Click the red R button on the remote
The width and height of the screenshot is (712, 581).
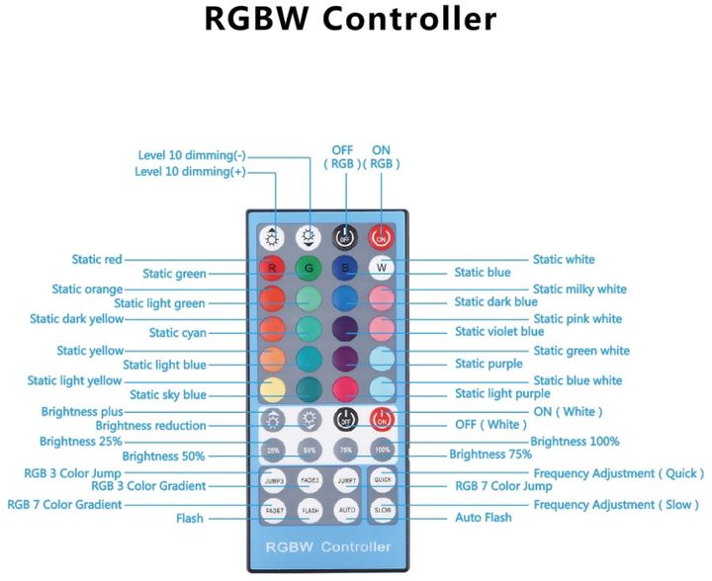[272, 268]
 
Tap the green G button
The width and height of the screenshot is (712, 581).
[309, 268]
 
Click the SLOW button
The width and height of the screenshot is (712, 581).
[382, 511]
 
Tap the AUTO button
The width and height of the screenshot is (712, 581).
[345, 511]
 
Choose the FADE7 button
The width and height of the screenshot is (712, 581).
[272, 511]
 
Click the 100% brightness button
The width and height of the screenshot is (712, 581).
[382, 450]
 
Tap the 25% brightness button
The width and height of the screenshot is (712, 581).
[272, 450]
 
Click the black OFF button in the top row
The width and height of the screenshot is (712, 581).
[345, 237]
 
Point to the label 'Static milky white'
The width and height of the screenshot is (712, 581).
[579, 290]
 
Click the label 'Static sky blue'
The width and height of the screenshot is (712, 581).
[168, 395]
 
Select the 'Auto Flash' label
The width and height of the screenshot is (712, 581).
[484, 517]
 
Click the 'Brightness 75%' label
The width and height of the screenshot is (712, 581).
[490, 456]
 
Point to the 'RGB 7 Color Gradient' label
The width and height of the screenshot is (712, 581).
[64, 505]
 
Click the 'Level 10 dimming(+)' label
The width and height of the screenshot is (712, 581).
[190, 172]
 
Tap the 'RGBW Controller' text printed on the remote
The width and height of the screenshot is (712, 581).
[327, 546]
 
